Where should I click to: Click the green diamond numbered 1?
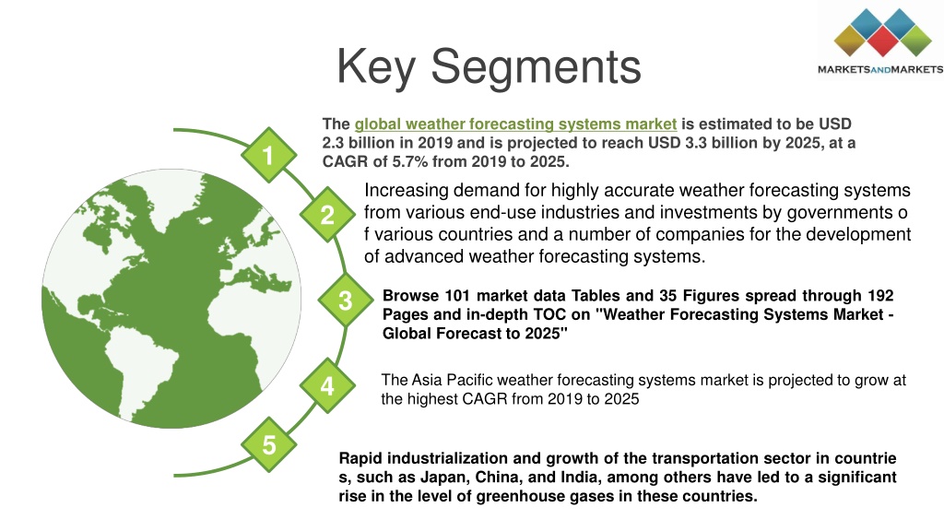click(x=268, y=155)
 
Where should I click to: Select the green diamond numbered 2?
click(x=327, y=215)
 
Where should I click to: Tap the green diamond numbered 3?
click(x=346, y=301)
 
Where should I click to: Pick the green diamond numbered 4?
click(x=327, y=386)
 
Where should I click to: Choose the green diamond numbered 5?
click(x=268, y=445)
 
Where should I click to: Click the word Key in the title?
click(x=376, y=67)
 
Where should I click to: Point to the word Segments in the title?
click(x=537, y=67)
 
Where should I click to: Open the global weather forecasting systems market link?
click(x=515, y=124)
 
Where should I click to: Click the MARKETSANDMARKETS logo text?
click(x=880, y=69)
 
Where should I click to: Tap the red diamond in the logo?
click(x=882, y=41)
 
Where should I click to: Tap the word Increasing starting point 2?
click(x=407, y=191)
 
